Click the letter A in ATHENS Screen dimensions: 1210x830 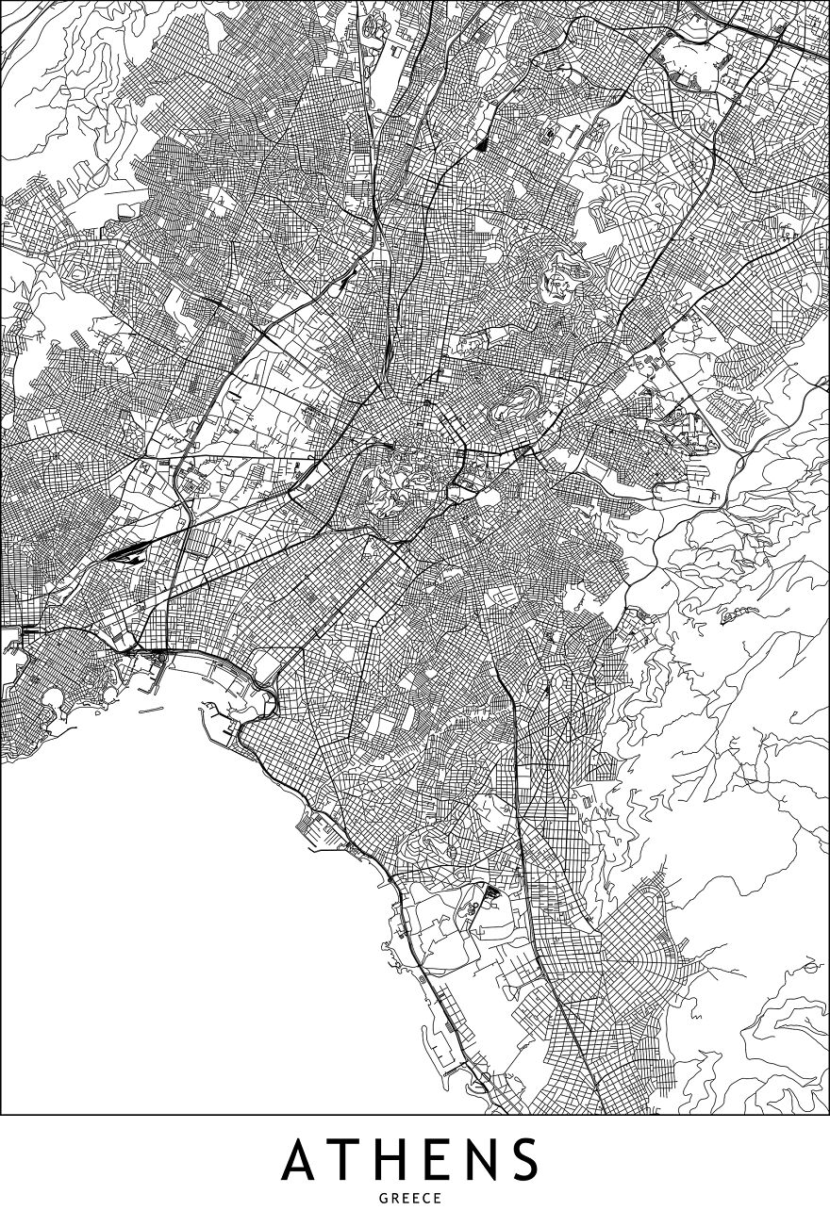coord(304,1159)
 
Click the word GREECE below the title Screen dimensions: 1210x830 coord(415,1197)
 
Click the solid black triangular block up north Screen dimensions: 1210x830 coord(481,144)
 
